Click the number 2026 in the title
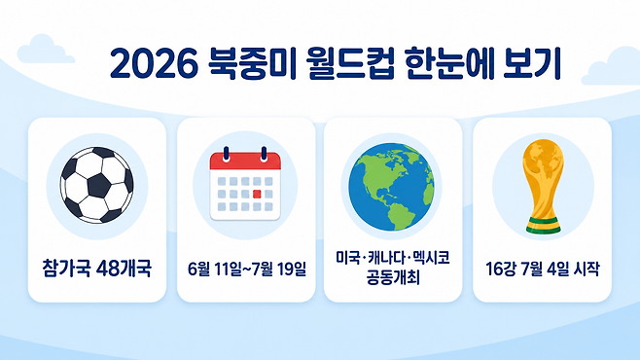click(154, 64)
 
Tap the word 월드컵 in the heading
click(351, 63)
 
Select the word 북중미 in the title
click(252, 63)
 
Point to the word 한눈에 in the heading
click(449, 63)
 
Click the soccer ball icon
click(96, 185)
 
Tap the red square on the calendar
click(257, 194)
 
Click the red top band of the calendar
click(245, 162)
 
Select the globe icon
click(391, 187)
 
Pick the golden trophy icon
click(543, 187)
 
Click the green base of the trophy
click(543, 226)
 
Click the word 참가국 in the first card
click(66, 269)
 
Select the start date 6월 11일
click(214, 269)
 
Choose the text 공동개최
click(393, 278)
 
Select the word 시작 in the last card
click(587, 269)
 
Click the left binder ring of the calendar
click(226, 155)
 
